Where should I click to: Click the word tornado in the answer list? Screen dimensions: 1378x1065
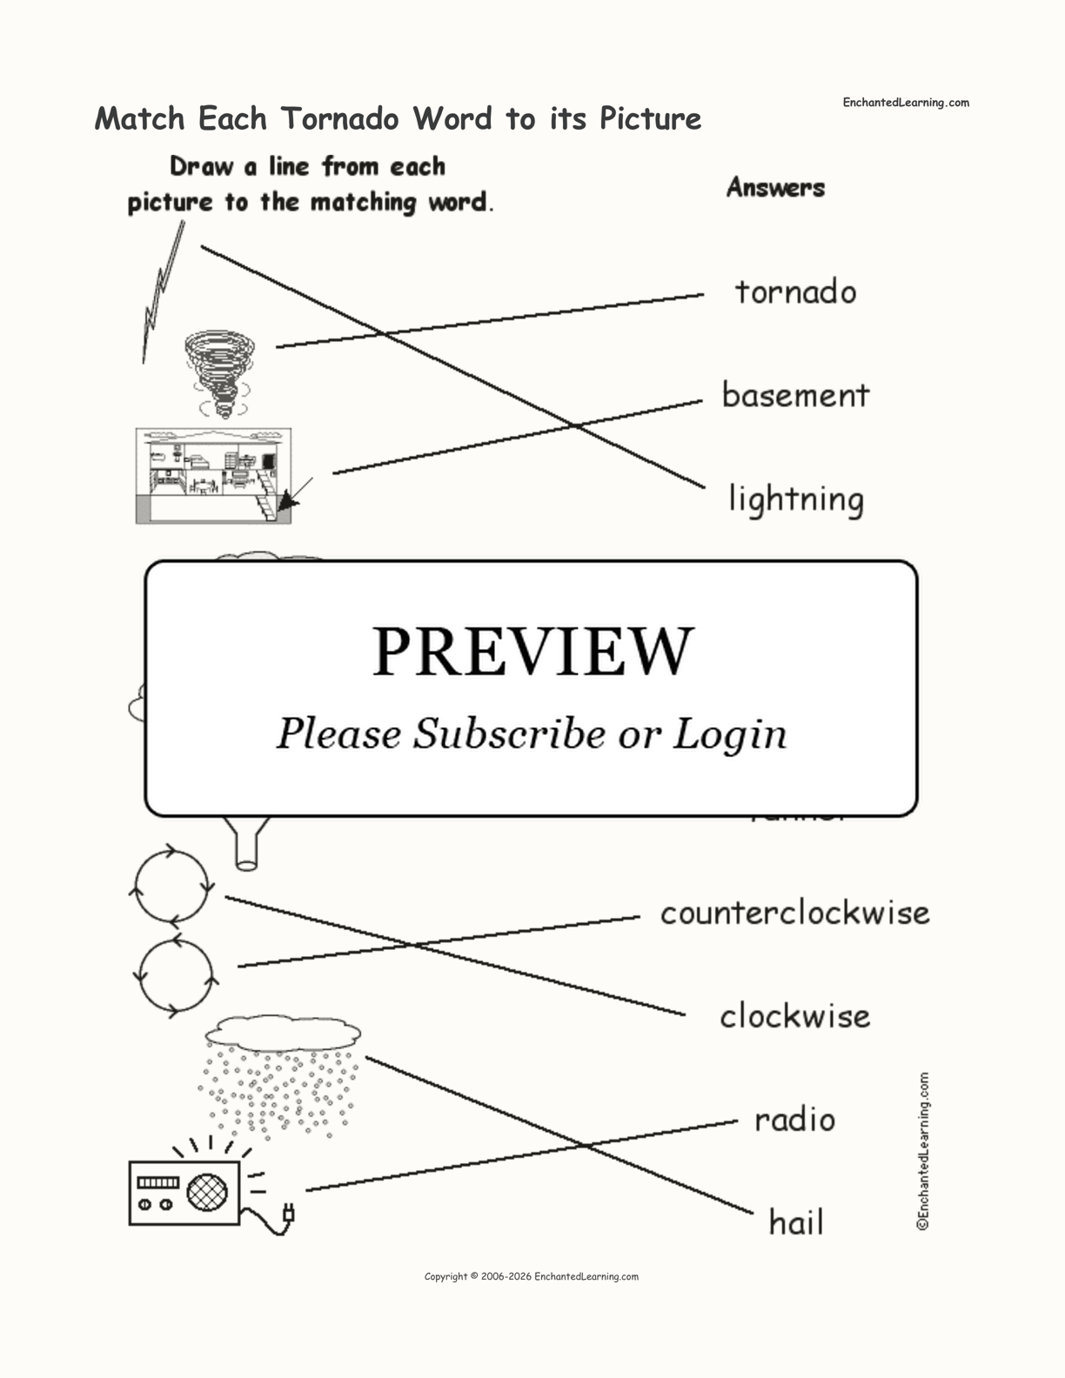[795, 292]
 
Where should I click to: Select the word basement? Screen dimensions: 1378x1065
[795, 396]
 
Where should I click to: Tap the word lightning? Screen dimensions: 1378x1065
[796, 500]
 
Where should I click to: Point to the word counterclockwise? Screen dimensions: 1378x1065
[794, 913]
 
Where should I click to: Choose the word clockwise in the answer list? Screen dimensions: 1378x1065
[794, 1016]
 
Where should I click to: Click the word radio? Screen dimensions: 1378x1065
[794, 1120]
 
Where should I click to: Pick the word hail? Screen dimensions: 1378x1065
[795, 1223]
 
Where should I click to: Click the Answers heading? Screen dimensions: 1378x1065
[775, 188]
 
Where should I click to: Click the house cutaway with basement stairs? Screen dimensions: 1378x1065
[213, 475]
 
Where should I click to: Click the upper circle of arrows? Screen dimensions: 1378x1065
[172, 886]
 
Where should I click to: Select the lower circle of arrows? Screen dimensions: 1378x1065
[176, 975]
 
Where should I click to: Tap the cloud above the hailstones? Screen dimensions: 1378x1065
[283, 1032]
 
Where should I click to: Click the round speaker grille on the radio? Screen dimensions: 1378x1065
[207, 1193]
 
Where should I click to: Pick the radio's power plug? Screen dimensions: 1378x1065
[288, 1213]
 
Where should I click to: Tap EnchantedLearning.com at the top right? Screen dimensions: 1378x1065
[905, 103]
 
